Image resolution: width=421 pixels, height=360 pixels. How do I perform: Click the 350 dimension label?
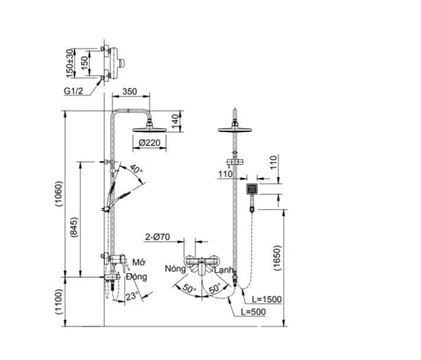pos(129,91)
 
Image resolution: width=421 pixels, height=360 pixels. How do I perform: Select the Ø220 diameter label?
pos(148,143)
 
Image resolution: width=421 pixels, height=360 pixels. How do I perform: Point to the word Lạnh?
pos(223,269)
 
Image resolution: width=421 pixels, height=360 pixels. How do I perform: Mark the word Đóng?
pos(136,276)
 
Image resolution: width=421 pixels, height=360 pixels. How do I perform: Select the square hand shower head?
pos(252,189)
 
